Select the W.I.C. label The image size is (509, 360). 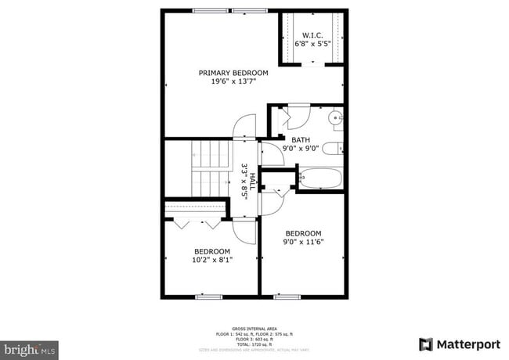(x=312, y=34)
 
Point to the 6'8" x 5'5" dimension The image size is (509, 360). (x=312, y=43)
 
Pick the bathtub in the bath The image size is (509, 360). (x=319, y=178)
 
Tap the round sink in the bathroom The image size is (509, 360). (x=334, y=119)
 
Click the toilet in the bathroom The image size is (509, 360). (x=334, y=149)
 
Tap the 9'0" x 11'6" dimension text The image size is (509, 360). (x=303, y=242)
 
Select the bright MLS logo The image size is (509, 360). (x=29, y=346)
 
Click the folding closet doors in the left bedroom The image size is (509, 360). (x=197, y=223)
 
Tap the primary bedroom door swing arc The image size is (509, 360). (x=245, y=125)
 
